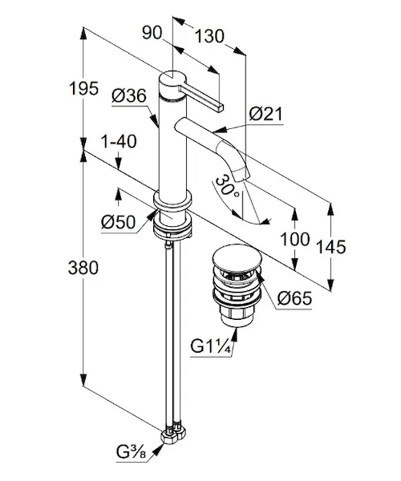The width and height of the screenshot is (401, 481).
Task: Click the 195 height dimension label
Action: click(83, 89)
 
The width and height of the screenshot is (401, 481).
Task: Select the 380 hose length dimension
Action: click(83, 267)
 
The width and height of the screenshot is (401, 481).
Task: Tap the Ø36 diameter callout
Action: click(129, 96)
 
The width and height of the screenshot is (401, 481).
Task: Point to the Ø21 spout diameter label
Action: click(265, 114)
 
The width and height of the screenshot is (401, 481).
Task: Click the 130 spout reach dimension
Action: click(209, 36)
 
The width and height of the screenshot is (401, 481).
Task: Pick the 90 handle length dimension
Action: click(152, 32)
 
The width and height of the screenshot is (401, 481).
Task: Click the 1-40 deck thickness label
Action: click(119, 142)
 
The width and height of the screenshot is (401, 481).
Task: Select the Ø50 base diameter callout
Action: click(118, 221)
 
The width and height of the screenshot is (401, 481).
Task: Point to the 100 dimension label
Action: click(295, 239)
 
